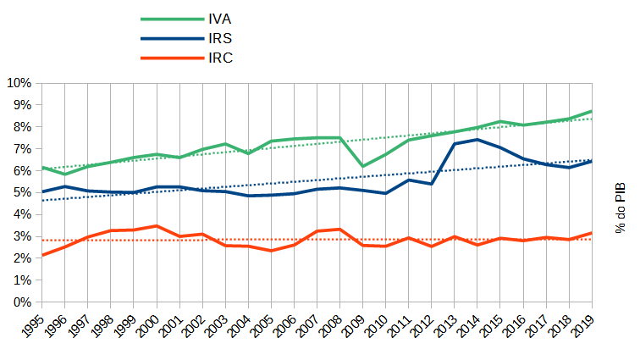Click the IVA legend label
pos(219,19)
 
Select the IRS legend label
pos(220,38)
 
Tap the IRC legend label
pos(220,58)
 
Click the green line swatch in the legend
pos(170,19)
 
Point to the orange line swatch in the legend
pos(170,58)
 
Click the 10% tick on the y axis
pos(19,83)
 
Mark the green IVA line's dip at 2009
pos(362,166)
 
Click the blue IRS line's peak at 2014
pos(477,139)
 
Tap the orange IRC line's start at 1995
pos(41,255)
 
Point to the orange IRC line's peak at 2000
pos(156,226)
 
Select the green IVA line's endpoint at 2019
pos(591,112)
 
